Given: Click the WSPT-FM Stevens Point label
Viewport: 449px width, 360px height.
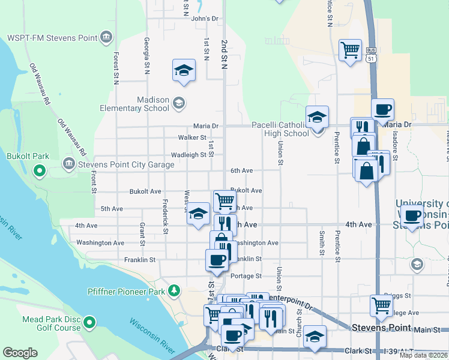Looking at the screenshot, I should [x=52, y=38].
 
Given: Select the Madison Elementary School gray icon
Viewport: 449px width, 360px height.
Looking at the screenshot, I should [x=178, y=104].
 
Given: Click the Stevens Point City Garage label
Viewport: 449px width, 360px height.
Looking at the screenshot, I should [x=121, y=163].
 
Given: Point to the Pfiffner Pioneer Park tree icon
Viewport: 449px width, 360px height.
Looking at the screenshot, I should [x=174, y=291].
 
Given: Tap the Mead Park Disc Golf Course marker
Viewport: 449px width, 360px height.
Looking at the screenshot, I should [x=89, y=323].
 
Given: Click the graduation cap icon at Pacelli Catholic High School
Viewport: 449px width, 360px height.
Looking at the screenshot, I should [x=317, y=116].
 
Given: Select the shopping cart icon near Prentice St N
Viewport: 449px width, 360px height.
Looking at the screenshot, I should [x=349, y=49].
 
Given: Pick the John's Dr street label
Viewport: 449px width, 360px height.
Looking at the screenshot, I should [x=204, y=19].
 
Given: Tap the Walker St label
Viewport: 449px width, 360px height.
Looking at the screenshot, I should [x=192, y=137].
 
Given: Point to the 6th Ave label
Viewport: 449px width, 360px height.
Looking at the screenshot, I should [x=242, y=171].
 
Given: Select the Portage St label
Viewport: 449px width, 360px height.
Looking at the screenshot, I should [x=246, y=276].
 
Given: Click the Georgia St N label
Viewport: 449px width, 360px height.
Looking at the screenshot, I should [x=146, y=56].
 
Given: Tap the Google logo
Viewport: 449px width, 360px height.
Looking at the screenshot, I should [x=20, y=353].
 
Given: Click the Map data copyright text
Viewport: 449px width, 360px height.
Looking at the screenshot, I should [x=424, y=355].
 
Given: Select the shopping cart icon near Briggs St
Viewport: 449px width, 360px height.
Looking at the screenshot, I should [x=382, y=305].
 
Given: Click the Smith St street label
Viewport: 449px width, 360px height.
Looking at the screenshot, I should [x=322, y=240].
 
